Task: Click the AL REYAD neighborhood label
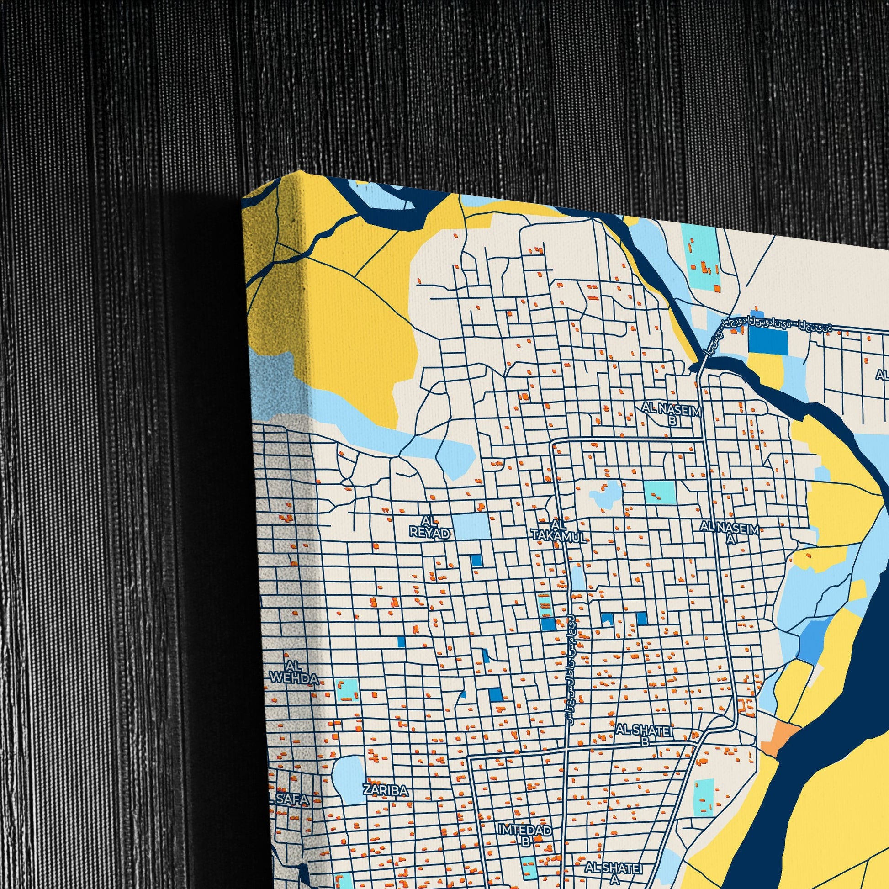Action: [x=429, y=527]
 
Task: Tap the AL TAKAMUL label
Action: [x=559, y=531]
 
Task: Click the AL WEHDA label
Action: [x=294, y=672]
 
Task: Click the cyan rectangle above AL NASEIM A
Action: [x=660, y=492]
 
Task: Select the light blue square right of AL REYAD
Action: [x=470, y=526]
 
